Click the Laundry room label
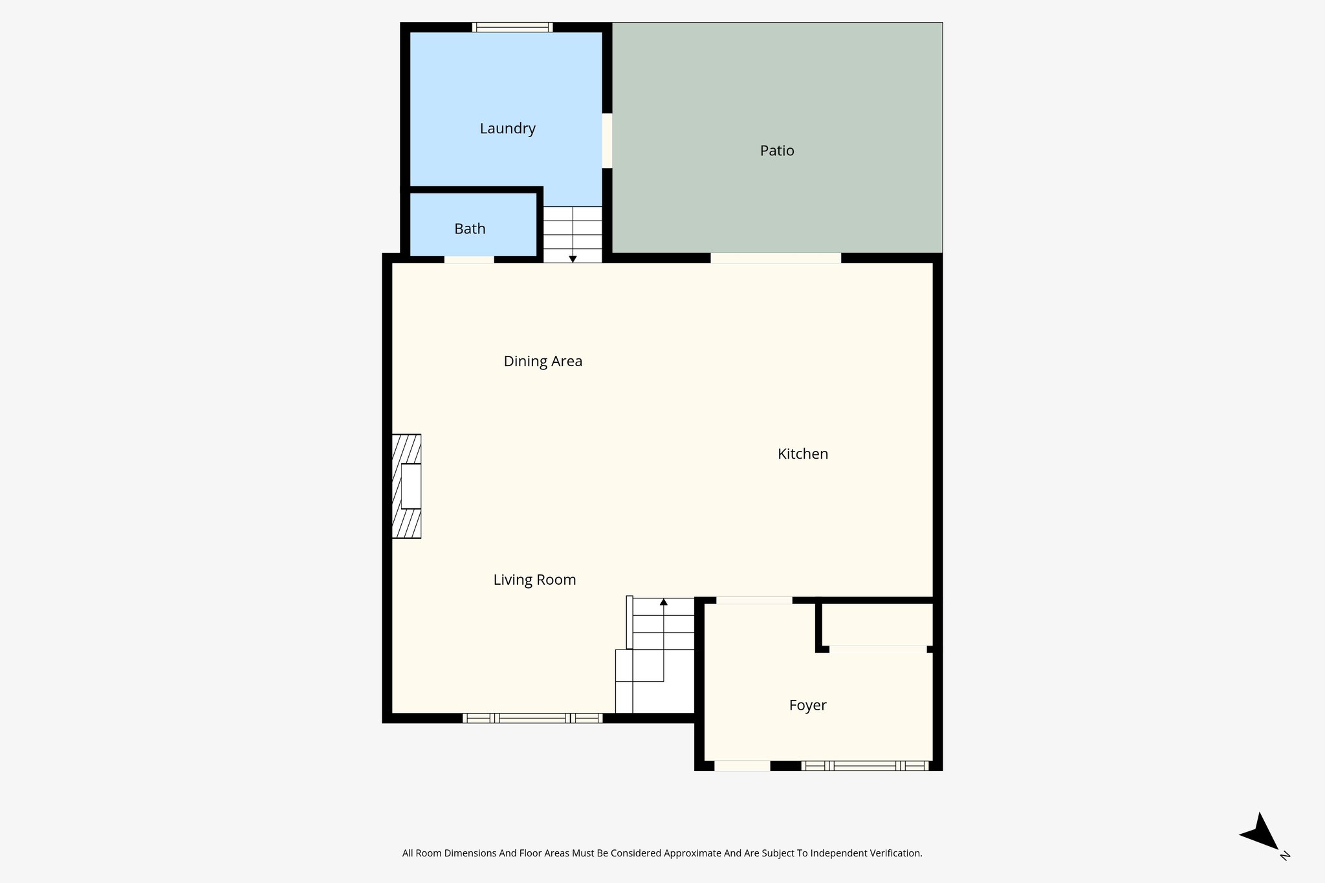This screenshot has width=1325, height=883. pos(507,129)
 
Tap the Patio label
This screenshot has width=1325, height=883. pos(776,151)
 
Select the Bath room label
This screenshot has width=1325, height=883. pos(470,229)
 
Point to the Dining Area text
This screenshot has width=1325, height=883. pos(543,362)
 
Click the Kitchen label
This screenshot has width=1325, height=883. pos(802,454)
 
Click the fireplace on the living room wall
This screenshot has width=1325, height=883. pos(407,486)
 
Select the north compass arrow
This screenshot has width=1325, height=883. pos(1260,833)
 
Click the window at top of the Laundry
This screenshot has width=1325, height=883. pos(512,27)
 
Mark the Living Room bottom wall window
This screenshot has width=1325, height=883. pos(532,718)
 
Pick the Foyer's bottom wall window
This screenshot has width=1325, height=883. pos(865,766)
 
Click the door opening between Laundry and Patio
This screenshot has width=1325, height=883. pos(607,141)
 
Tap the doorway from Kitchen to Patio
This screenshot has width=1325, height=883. pos(775,258)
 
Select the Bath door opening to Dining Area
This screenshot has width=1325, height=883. pos(469,259)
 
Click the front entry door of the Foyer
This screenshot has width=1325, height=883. pos(741,766)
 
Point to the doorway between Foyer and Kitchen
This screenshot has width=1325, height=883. pos(754,600)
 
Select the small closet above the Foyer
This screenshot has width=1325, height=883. pos(877,625)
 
